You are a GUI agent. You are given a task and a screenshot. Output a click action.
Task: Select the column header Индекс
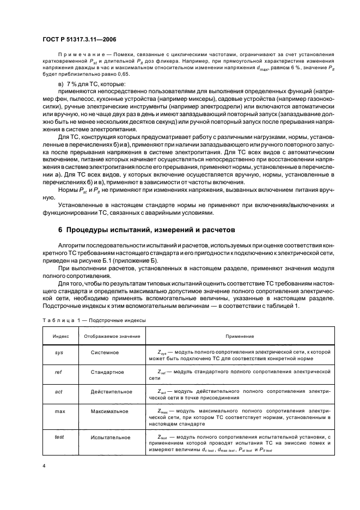coord(60,336)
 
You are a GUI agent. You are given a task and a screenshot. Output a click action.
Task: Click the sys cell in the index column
coord(60,353)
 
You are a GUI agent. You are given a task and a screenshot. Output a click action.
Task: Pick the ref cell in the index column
coord(60,372)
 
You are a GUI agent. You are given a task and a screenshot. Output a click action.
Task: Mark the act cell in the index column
coord(60,391)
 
